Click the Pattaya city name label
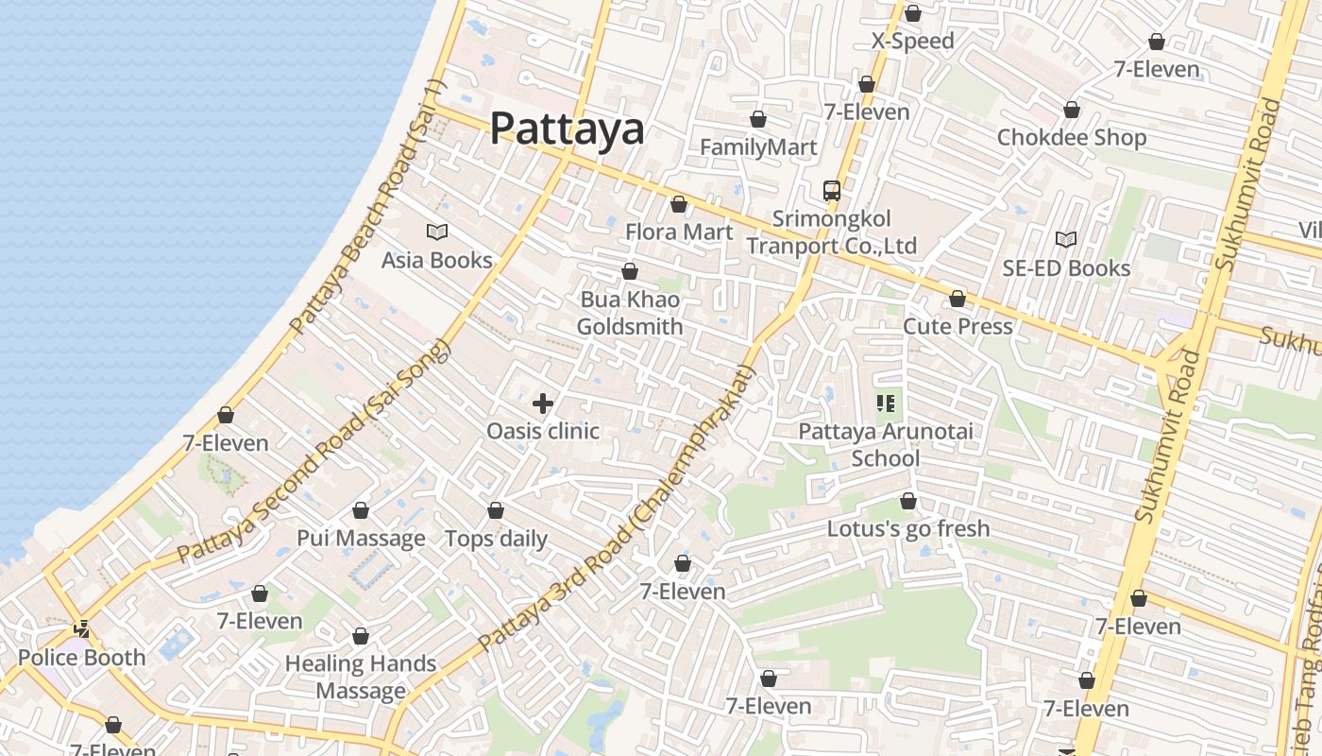(567, 129)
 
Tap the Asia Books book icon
(437, 232)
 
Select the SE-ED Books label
(1066, 268)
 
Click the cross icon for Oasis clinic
(543, 404)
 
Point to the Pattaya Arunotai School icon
(885, 404)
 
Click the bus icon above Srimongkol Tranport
(831, 190)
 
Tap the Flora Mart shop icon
(678, 204)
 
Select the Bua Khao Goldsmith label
(630, 313)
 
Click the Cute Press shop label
(958, 326)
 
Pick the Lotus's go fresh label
(907, 528)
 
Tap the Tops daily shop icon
(496, 510)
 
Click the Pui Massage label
(361, 538)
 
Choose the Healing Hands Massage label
(361, 677)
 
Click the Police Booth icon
(82, 628)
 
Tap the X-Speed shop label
(912, 41)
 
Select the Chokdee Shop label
(1072, 137)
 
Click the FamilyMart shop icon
(757, 119)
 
